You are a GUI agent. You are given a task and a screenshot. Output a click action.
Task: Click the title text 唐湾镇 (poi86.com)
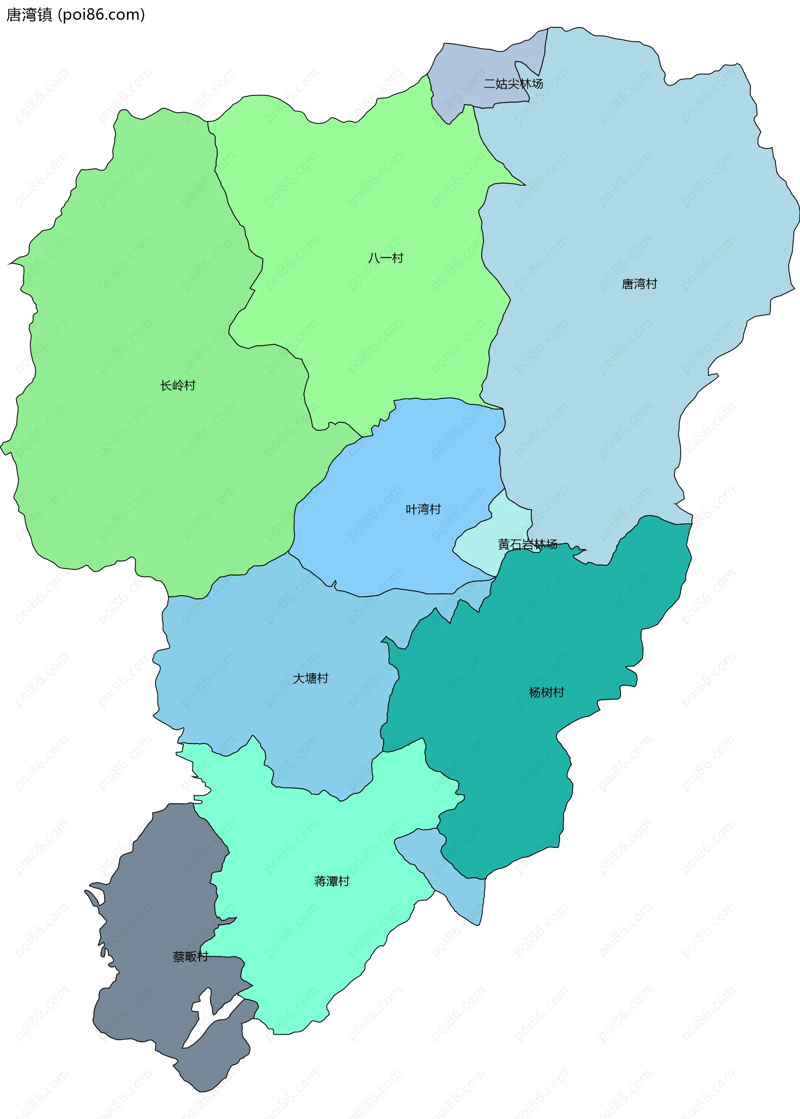(x=75, y=15)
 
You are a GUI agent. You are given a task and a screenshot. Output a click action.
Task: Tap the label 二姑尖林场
(x=513, y=84)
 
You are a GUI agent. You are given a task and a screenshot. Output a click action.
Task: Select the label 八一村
(x=385, y=258)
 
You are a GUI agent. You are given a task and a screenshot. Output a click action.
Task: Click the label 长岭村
(x=178, y=385)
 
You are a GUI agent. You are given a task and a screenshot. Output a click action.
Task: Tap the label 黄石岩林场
(x=527, y=544)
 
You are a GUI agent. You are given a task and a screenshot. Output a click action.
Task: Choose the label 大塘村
(x=310, y=678)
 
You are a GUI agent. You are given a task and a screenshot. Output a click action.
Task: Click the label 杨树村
(x=546, y=692)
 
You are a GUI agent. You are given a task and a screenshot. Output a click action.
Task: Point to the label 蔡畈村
(x=190, y=956)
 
